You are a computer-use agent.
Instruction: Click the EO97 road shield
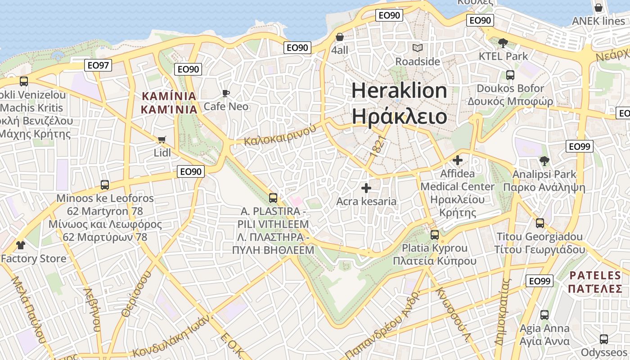point(98,66)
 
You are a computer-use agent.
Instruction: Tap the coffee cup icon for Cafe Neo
point(226,93)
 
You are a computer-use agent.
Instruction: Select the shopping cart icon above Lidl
point(162,140)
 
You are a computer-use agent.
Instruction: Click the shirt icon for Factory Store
point(21,245)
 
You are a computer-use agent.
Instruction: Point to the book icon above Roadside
point(418,48)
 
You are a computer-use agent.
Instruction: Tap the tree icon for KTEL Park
point(503,43)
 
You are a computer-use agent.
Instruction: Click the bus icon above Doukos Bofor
point(510,75)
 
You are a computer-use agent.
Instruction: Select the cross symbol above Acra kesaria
point(366,188)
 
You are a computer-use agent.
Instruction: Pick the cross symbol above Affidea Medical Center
point(458,160)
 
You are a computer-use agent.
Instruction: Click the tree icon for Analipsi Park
point(544,161)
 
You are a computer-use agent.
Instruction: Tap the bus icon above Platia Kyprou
point(434,234)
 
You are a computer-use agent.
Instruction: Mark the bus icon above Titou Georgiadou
point(540,223)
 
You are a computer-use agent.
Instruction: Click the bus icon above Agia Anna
point(544,315)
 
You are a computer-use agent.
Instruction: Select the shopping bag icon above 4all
point(340,37)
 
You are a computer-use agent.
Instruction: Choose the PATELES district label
point(595,275)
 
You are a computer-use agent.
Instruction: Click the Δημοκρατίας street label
point(503,312)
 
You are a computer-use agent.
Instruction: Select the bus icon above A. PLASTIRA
point(273,198)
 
